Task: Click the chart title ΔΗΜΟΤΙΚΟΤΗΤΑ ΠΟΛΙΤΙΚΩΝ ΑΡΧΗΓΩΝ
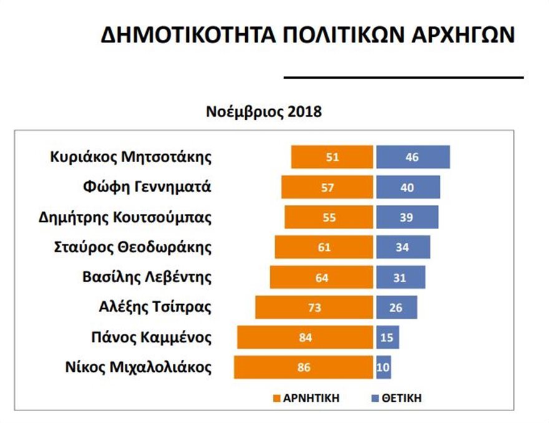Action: click(308, 35)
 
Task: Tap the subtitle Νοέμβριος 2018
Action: click(264, 112)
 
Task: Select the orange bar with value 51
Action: click(332, 157)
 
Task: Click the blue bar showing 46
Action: click(412, 157)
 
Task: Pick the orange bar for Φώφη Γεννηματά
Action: click(327, 187)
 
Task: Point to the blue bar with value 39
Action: click(407, 217)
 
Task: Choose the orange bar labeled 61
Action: click(324, 247)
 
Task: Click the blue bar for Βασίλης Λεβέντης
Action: click(401, 278)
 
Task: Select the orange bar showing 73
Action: click(314, 308)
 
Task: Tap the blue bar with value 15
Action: click(387, 338)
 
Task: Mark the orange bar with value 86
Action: click(304, 367)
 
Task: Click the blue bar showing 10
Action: click(384, 367)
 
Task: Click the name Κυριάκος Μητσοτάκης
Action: click(131, 157)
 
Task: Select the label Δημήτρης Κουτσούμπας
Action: click(125, 217)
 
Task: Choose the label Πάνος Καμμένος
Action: click(151, 338)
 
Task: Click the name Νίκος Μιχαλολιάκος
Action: click(138, 367)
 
